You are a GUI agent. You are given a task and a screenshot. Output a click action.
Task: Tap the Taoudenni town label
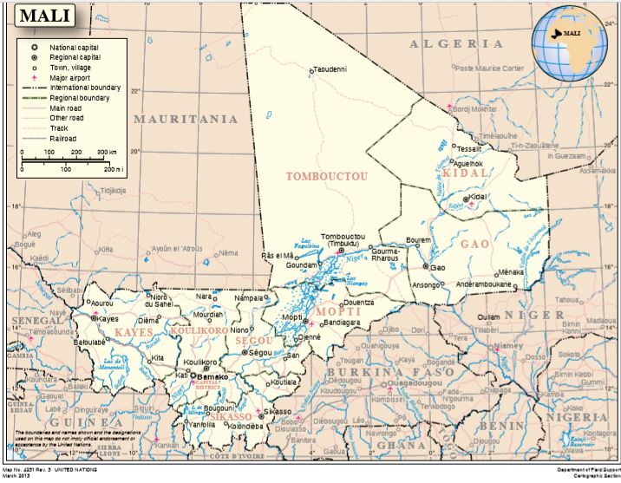pyautogui.click(x=330, y=69)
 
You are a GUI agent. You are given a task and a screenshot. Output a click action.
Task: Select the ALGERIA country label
pyautogui.click(x=456, y=43)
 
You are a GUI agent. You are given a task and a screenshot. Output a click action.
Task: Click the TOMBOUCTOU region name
pyautogui.click(x=327, y=176)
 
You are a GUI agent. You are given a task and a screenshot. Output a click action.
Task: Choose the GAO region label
pyautogui.click(x=474, y=245)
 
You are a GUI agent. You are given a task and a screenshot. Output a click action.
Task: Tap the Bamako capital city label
pyautogui.click(x=212, y=377)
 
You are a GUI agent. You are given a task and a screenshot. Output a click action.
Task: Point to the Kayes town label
pyautogui.click(x=108, y=319)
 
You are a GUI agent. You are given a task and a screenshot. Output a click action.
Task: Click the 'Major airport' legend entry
pyautogui.click(x=72, y=77)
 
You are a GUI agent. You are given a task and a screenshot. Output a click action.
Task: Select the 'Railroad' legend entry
pyautogui.click(x=63, y=138)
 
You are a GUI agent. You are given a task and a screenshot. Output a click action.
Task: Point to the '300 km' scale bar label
pyautogui.click(x=107, y=152)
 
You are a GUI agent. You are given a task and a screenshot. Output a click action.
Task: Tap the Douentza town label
pyautogui.click(x=357, y=303)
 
